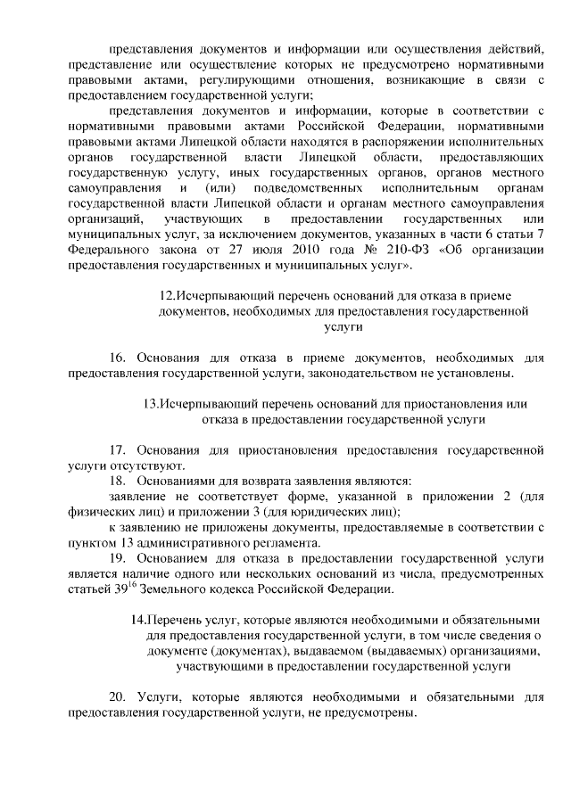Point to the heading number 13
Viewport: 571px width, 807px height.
[151, 402]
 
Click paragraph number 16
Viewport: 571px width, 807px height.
[119, 357]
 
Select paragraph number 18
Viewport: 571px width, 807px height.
[119, 480]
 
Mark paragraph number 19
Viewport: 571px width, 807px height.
[119, 557]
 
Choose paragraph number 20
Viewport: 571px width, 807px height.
[119, 696]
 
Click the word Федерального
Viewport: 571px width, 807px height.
[110, 250]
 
